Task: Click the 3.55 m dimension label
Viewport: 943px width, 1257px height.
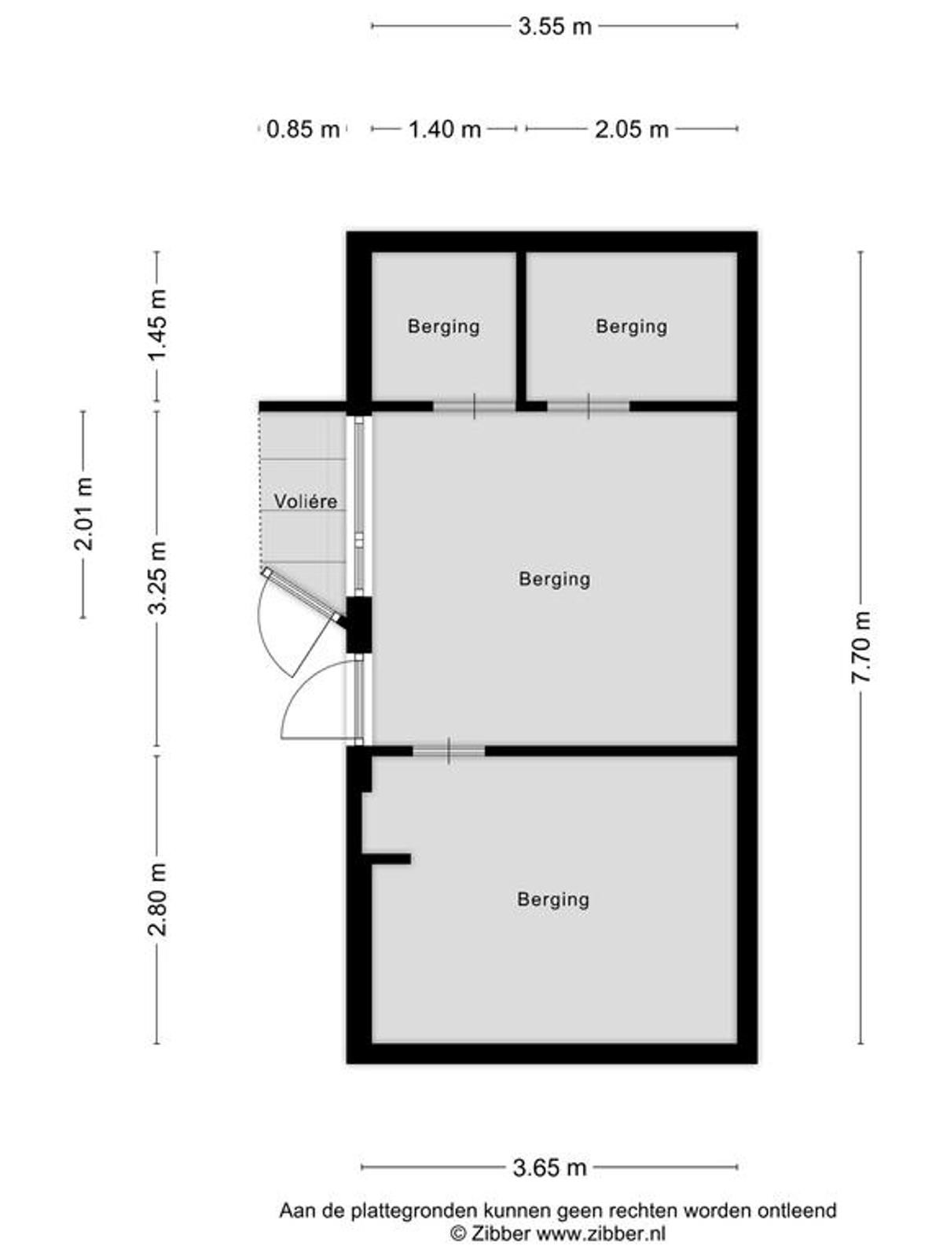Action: (x=554, y=27)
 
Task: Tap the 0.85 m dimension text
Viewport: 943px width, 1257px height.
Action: (x=303, y=130)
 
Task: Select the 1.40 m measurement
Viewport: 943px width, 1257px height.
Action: (x=444, y=130)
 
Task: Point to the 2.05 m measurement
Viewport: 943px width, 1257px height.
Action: (x=632, y=130)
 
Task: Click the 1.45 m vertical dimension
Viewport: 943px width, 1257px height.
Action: (x=157, y=325)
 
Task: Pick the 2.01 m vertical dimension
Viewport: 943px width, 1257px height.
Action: (x=83, y=514)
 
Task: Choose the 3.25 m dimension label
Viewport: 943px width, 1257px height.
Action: (x=157, y=577)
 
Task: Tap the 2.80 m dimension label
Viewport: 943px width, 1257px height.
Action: (x=157, y=899)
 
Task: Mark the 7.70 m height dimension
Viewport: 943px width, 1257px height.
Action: (x=860, y=647)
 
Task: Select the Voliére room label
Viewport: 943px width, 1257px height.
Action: (x=305, y=501)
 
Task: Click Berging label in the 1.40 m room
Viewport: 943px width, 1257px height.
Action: (x=444, y=326)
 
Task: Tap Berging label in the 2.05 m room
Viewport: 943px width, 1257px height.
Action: (x=632, y=326)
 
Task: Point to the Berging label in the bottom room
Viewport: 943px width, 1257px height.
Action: (x=553, y=899)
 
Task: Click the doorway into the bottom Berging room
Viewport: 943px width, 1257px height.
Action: (x=449, y=750)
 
